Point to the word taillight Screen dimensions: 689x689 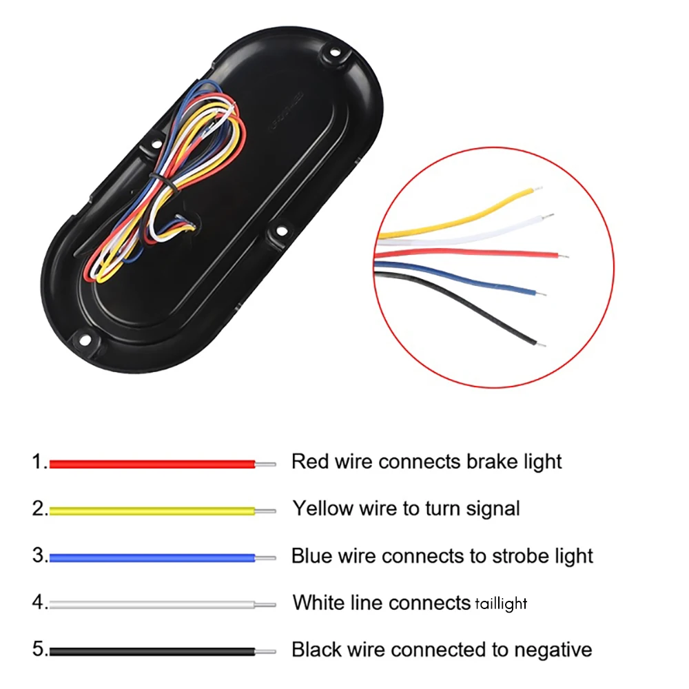click(501, 604)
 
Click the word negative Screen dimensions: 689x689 click(553, 650)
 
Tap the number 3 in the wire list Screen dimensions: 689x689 click(39, 555)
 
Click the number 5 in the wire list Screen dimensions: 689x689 click(39, 649)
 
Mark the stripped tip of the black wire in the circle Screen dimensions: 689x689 click(541, 344)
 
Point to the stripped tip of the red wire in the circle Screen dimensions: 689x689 click(564, 256)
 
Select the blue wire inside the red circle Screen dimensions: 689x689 click(453, 277)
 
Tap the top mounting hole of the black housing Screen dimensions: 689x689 click(334, 54)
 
